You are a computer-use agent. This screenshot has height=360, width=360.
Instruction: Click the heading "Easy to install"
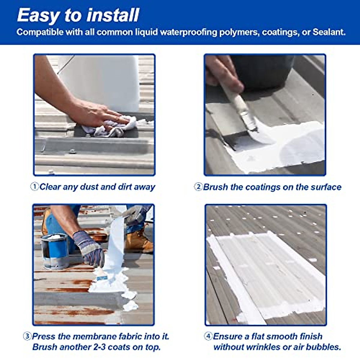pos(78,15)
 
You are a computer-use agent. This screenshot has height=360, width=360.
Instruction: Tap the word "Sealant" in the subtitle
pos(328,32)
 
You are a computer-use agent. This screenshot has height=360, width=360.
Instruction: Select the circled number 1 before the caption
pos(34,187)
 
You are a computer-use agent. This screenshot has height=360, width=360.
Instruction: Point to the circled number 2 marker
pos(198,187)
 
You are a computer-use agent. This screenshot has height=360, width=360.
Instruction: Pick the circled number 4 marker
pos(208,336)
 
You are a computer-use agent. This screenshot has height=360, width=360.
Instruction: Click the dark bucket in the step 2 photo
pos(261,72)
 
